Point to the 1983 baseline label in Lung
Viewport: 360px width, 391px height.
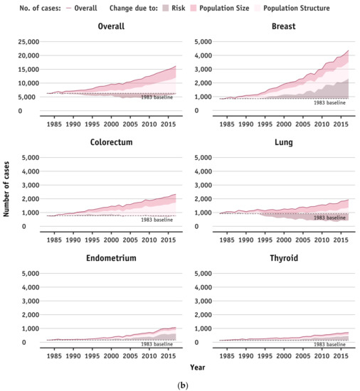click(x=330, y=218)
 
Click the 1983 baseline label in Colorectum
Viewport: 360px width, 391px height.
click(x=157, y=219)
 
